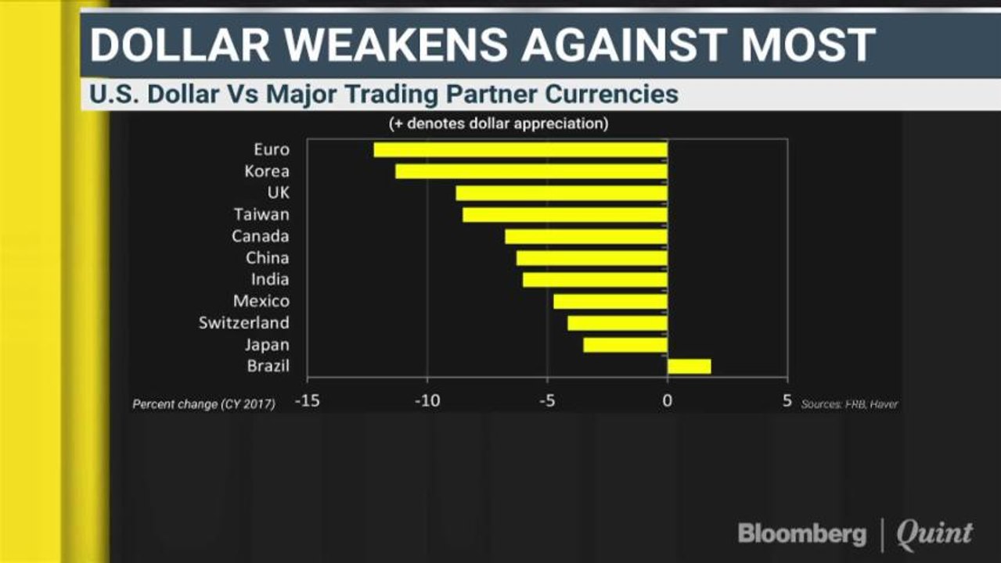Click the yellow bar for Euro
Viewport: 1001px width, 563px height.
(520, 150)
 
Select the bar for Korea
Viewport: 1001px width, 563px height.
(531, 171)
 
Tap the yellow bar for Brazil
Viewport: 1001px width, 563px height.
(690, 367)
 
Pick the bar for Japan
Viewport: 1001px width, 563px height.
(625, 345)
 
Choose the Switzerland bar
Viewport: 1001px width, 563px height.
(618, 323)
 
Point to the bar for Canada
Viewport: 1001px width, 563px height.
(586, 237)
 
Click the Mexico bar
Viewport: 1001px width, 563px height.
(610, 301)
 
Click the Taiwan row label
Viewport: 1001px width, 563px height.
(262, 215)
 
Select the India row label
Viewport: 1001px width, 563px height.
(270, 279)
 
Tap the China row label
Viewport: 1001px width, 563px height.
(267, 258)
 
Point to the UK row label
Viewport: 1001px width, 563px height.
(279, 193)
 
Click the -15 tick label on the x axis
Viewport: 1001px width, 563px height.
(308, 401)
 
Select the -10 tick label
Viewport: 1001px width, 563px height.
(427, 401)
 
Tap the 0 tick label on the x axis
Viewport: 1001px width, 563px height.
(667, 401)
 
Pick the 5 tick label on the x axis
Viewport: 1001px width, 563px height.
(787, 401)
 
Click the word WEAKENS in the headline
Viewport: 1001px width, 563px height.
(395, 45)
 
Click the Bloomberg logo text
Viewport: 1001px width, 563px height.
(802, 534)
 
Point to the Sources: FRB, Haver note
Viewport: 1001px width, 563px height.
(849, 404)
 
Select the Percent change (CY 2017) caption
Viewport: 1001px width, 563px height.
(203, 404)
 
